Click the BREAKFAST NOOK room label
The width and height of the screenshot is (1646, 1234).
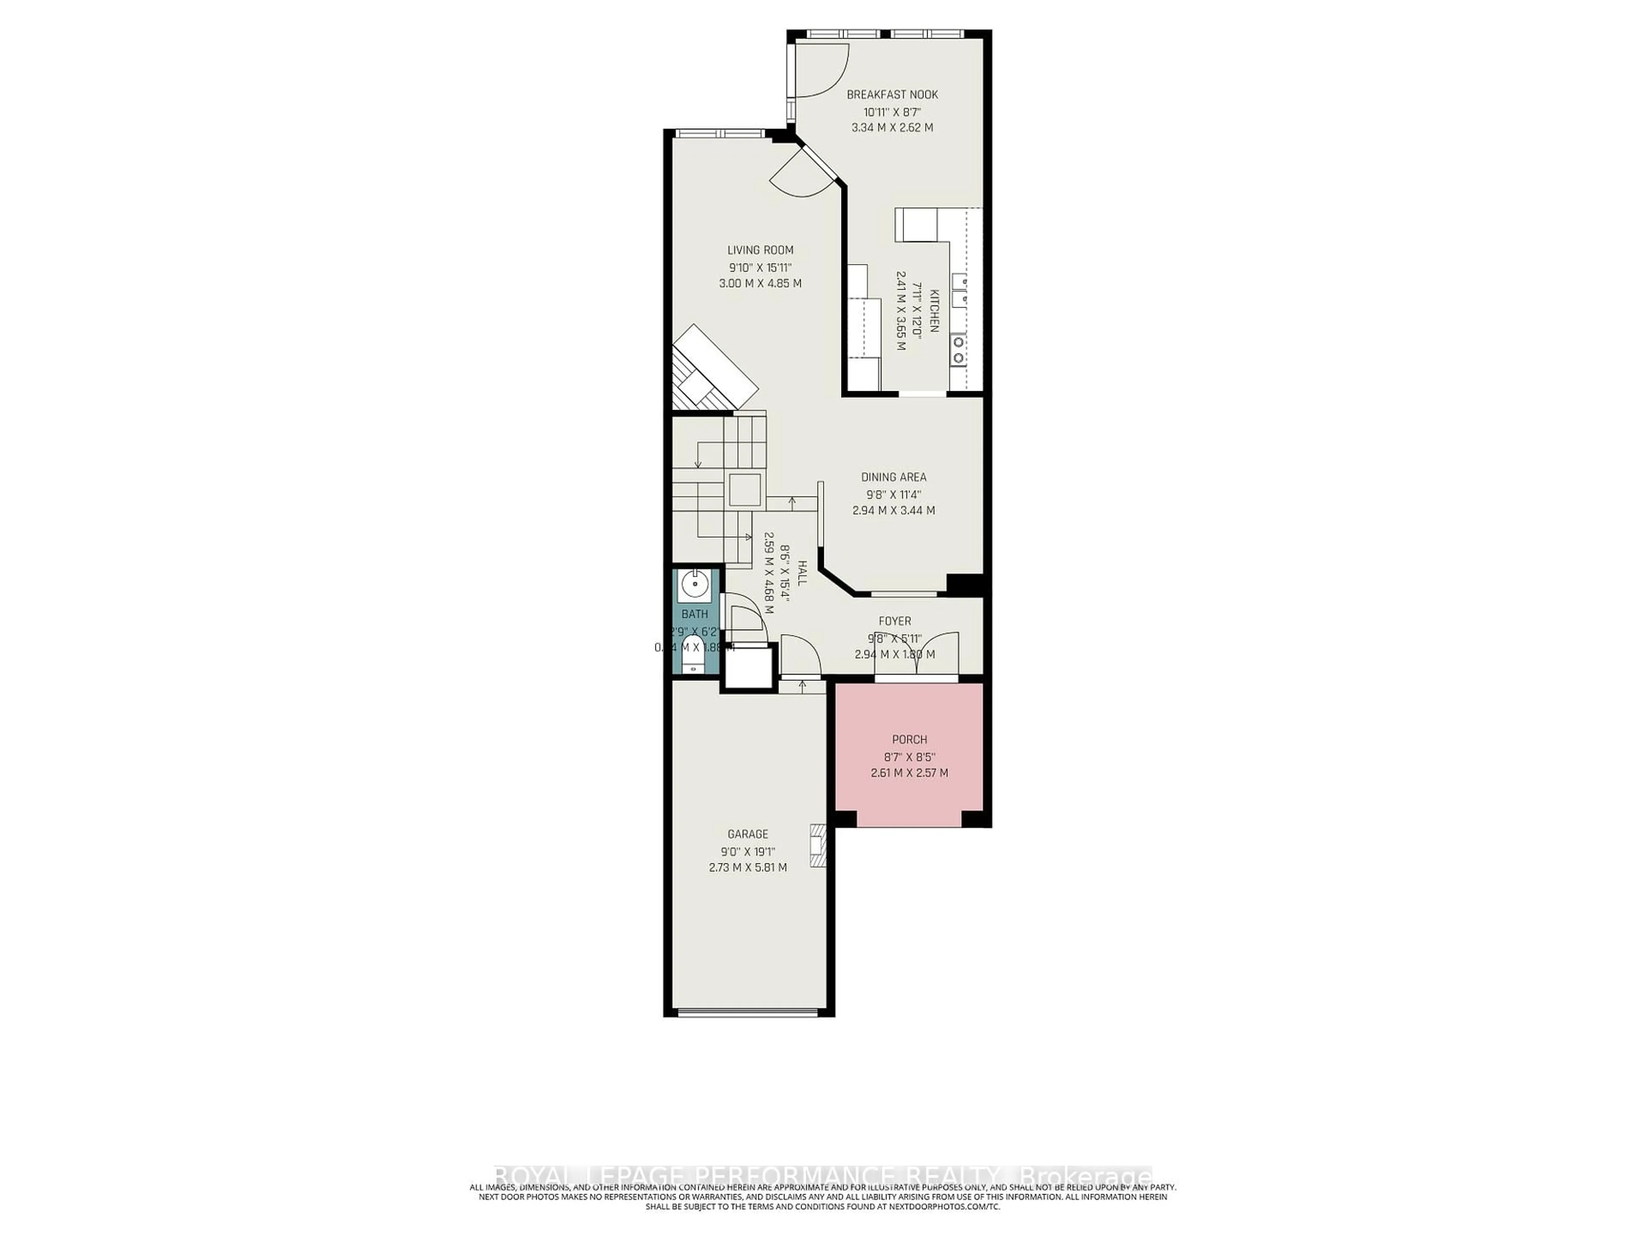tap(892, 94)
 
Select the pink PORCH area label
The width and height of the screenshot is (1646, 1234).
tap(909, 740)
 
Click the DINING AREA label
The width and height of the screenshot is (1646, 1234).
tap(894, 477)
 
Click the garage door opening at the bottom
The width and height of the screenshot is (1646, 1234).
tap(748, 1012)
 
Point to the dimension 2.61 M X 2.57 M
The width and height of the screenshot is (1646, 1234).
tap(909, 773)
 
